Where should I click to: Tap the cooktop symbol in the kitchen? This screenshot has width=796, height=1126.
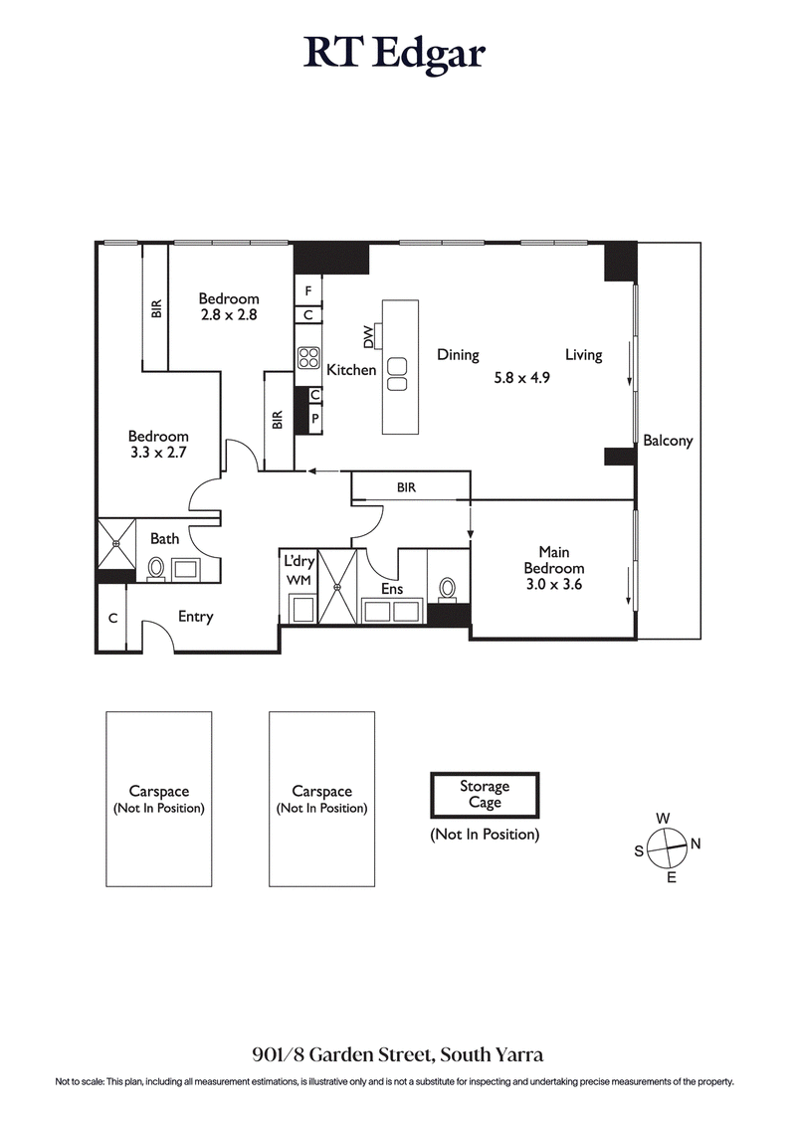(307, 357)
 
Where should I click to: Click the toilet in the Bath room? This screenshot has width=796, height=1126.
(156, 569)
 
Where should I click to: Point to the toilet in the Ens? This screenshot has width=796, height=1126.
(448, 589)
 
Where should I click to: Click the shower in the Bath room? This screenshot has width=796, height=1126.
(115, 544)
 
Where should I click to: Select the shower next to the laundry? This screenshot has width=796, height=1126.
(336, 586)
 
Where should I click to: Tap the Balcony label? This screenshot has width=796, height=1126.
(668, 441)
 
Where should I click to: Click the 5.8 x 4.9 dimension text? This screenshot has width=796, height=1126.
(522, 378)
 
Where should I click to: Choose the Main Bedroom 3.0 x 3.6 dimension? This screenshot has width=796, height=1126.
(553, 584)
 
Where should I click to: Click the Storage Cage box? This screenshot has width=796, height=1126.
(485, 795)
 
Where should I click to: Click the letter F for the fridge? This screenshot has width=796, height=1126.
(308, 290)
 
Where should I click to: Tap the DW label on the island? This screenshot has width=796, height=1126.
(369, 339)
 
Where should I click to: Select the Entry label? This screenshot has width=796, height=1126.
(195, 617)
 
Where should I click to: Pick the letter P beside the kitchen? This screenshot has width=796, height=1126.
(314, 418)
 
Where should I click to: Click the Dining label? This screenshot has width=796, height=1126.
(458, 355)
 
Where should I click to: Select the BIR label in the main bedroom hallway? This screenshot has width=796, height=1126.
(406, 488)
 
